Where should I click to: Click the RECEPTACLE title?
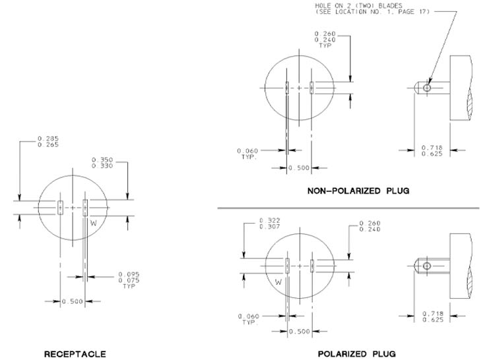[x=75, y=354]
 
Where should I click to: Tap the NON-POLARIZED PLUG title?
[x=358, y=191]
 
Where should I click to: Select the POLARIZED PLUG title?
[x=356, y=354]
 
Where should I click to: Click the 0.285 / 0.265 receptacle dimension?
[x=48, y=142]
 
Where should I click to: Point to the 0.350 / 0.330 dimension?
[x=102, y=163]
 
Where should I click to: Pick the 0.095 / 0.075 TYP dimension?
[x=129, y=280]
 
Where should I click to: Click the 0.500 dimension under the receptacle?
[x=73, y=301]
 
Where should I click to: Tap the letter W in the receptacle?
[x=94, y=223]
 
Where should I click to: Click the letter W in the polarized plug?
[x=278, y=282]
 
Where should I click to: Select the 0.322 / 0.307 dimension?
[x=270, y=224]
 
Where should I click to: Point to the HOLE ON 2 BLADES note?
[x=372, y=9]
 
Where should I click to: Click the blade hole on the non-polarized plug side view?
[x=427, y=88]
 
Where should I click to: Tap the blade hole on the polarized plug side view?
[x=427, y=266]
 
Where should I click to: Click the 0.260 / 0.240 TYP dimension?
[x=325, y=40]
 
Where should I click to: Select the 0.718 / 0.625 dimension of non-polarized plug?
[x=432, y=151]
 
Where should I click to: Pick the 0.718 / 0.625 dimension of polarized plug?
[x=433, y=316]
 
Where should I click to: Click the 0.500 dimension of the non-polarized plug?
[x=299, y=168]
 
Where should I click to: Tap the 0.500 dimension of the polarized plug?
[x=300, y=332]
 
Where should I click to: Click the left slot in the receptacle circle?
[x=60, y=207]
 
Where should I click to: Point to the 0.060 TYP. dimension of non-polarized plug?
[x=247, y=154]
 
